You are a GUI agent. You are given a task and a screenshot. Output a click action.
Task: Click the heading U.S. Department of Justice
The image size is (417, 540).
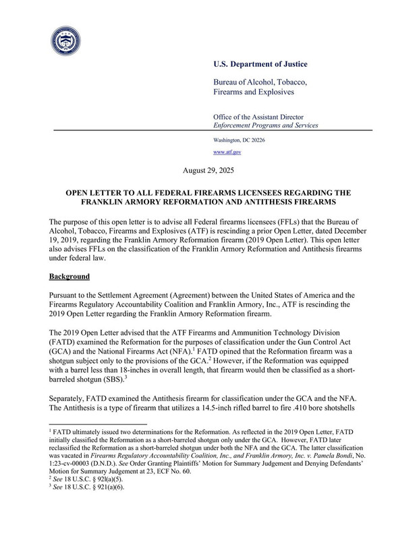coord(260,64)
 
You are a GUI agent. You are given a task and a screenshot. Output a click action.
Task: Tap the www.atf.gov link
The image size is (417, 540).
coord(227,153)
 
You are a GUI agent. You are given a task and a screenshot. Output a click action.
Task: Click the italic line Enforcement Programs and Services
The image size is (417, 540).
coord(266,126)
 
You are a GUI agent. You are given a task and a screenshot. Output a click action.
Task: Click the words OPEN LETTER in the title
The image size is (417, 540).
coord(96,192)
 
